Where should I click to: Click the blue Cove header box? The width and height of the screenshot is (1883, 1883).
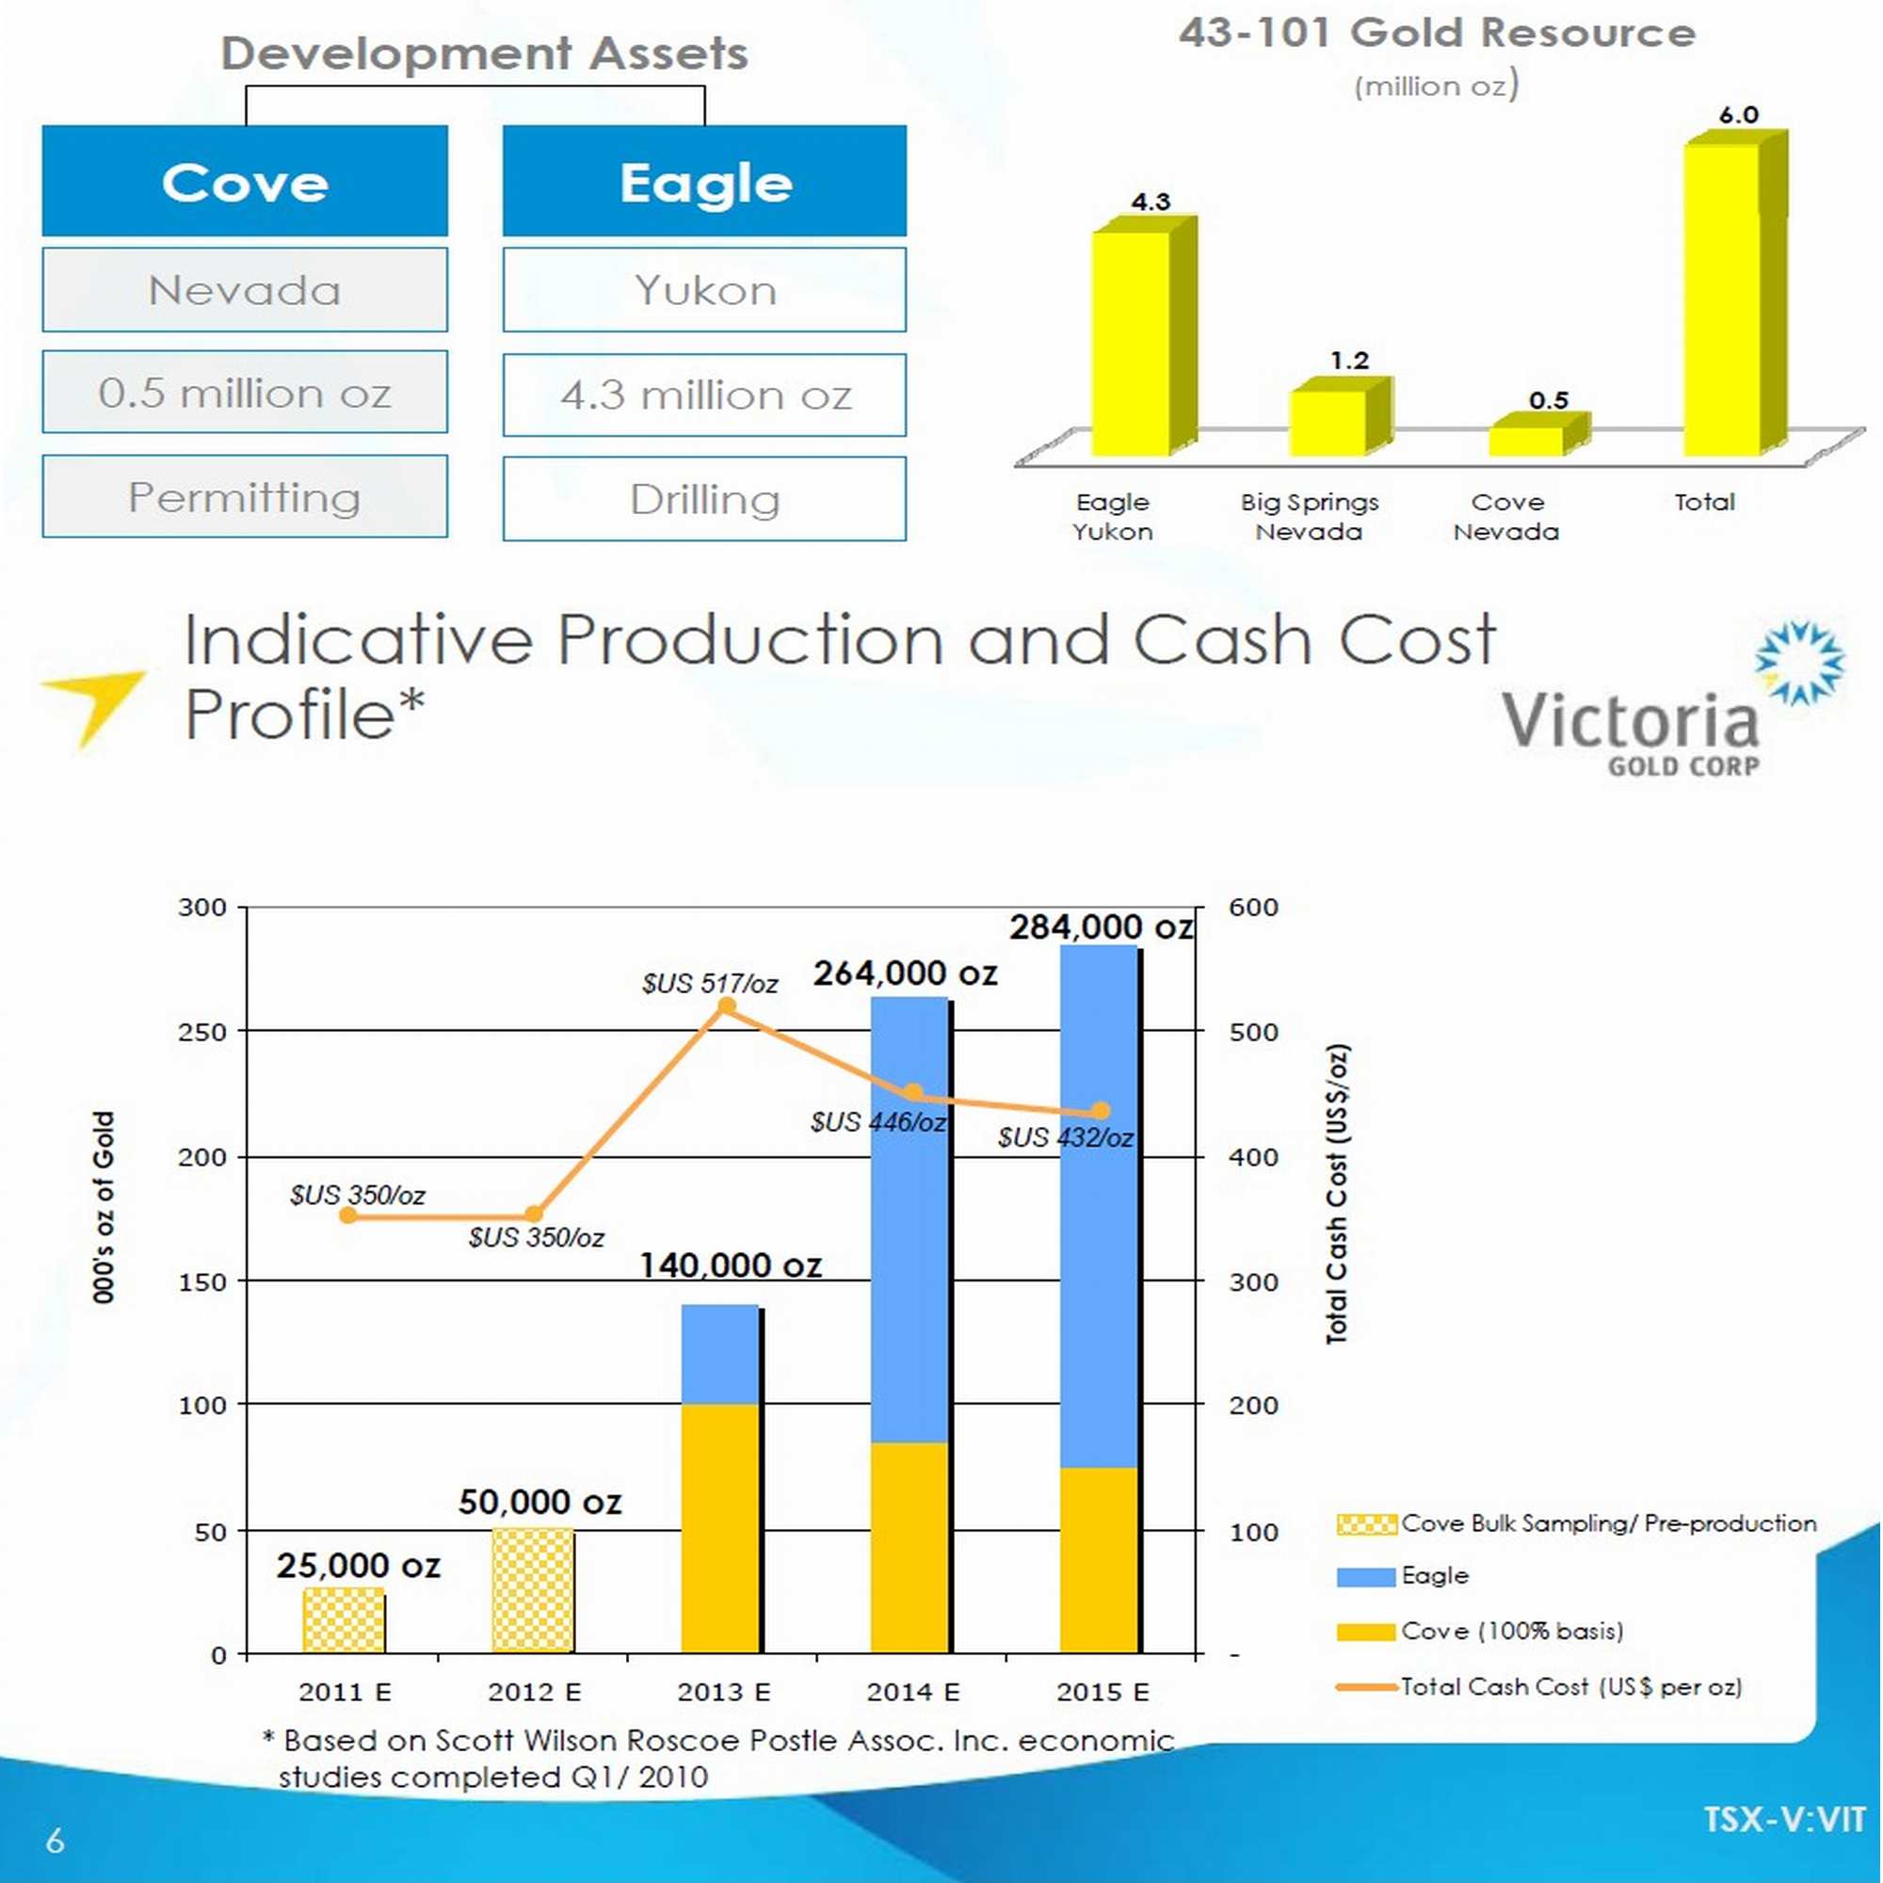tap(245, 181)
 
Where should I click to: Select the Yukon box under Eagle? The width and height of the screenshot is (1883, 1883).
tap(703, 289)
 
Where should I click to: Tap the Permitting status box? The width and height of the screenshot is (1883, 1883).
tap(245, 496)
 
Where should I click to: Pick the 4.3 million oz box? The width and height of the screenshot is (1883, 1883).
tap(703, 394)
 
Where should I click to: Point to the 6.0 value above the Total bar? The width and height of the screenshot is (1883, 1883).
tap(1738, 115)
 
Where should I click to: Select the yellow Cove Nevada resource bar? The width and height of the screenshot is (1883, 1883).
tap(1526, 441)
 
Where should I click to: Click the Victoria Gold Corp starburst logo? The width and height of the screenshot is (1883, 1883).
tap(1799, 662)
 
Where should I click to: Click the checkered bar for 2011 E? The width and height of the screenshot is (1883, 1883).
tap(343, 1618)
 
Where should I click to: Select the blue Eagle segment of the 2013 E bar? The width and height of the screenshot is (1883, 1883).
tap(719, 1354)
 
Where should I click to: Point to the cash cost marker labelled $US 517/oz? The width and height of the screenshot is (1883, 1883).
tap(725, 1006)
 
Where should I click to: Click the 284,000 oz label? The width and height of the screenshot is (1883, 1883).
tap(1101, 925)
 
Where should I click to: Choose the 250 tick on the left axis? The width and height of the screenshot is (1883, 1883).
tap(201, 1031)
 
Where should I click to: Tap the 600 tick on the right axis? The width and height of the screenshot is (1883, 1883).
tap(1252, 908)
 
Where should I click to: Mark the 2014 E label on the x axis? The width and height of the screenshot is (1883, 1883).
tap(912, 1692)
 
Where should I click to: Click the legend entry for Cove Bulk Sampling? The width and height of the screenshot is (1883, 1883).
tap(1576, 1523)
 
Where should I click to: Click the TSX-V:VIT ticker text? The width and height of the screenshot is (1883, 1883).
tap(1783, 1819)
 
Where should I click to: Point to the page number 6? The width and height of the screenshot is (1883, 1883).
tap(55, 1840)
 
